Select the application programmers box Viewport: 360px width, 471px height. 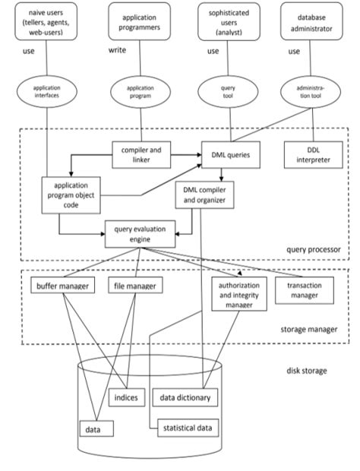click(x=138, y=22)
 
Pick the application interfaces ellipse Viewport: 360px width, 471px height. click(x=47, y=91)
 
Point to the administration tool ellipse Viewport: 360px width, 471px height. click(x=312, y=91)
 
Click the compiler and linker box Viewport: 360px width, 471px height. click(x=140, y=154)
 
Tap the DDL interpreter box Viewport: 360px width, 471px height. click(x=314, y=154)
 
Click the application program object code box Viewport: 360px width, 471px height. click(x=75, y=195)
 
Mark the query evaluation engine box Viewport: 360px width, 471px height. click(x=140, y=233)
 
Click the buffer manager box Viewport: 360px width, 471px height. click(x=62, y=286)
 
